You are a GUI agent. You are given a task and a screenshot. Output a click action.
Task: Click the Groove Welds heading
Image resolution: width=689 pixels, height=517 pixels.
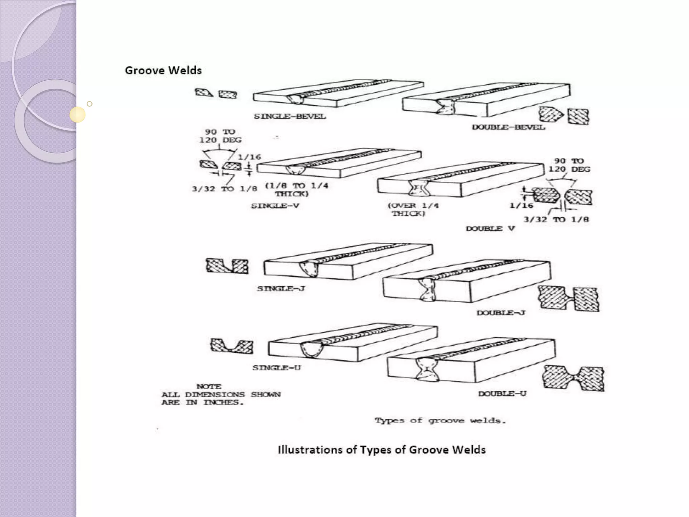pyautogui.click(x=163, y=70)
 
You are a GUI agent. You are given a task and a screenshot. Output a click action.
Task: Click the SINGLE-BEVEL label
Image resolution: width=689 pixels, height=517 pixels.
pyautogui.click(x=290, y=116)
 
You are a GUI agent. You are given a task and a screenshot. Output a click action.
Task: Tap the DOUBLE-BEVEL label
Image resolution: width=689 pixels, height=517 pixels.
pyautogui.click(x=508, y=127)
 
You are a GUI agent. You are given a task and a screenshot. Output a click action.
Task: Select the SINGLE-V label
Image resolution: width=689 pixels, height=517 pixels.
pyautogui.click(x=275, y=206)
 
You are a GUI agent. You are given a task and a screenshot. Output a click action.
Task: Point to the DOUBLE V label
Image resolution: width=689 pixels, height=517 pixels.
pyautogui.click(x=490, y=229)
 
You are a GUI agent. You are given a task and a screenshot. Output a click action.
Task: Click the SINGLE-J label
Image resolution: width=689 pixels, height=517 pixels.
pyautogui.click(x=281, y=288)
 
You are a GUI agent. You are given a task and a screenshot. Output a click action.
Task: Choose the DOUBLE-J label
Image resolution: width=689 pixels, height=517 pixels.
pyautogui.click(x=501, y=313)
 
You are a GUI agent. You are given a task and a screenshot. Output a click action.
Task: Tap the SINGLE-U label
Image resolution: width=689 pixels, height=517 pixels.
pyautogui.click(x=277, y=368)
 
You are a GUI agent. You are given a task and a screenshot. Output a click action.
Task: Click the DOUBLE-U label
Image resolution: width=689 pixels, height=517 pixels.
pyautogui.click(x=502, y=393)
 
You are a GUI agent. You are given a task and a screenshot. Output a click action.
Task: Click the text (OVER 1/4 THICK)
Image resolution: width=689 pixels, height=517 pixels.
pyautogui.click(x=413, y=209)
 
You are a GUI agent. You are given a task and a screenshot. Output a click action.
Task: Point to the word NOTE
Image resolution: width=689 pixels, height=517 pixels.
pyautogui.click(x=209, y=386)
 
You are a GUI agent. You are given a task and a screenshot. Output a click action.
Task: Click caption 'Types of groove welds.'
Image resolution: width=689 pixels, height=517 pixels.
pyautogui.click(x=440, y=420)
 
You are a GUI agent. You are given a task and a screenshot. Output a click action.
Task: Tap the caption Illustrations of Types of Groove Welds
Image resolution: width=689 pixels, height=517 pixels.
pyautogui.click(x=382, y=450)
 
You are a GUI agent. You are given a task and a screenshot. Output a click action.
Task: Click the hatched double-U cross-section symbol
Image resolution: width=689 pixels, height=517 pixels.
pyautogui.click(x=574, y=378)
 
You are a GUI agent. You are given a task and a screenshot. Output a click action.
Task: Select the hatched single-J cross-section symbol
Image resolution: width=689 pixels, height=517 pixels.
pyautogui.click(x=227, y=266)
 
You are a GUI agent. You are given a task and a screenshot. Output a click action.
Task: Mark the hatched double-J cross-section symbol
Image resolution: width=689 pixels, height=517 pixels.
pyautogui.click(x=569, y=298)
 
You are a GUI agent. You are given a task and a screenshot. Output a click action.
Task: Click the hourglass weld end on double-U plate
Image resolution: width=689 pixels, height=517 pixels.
pyautogui.click(x=427, y=370)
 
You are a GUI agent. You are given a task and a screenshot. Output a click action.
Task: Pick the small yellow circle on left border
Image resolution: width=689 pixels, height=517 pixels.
pyautogui.click(x=78, y=114)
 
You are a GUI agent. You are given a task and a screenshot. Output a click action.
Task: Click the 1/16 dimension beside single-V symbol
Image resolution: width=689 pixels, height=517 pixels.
pyautogui.click(x=249, y=157)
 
